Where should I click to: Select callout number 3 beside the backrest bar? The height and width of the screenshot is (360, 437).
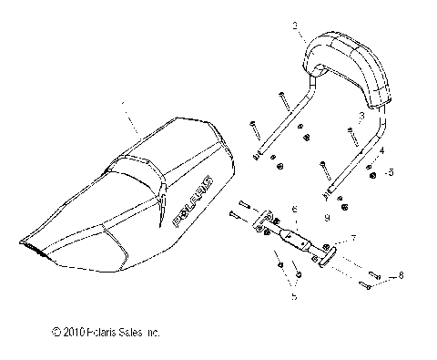361,117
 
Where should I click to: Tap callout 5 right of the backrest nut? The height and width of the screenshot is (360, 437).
391,170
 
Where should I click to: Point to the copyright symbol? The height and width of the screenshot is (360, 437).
56,331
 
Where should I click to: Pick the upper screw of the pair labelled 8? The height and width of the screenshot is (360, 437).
374,273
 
